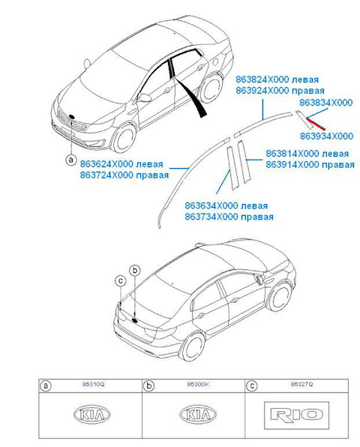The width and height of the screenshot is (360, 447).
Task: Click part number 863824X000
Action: pyautogui.click(x=262, y=79)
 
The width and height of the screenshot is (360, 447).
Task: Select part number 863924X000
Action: pyautogui.click(x=262, y=91)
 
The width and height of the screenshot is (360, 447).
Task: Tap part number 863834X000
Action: pyautogui.click(x=325, y=103)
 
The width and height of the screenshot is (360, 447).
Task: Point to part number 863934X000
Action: pyautogui.click(x=326, y=136)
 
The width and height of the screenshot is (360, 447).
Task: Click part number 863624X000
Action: pyautogui.click(x=106, y=164)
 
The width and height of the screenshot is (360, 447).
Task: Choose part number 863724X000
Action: pyautogui.click(x=106, y=175)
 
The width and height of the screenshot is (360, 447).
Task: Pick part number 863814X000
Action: pyautogui.click(x=292, y=154)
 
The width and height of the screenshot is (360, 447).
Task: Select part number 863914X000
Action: pyautogui.click(x=292, y=165)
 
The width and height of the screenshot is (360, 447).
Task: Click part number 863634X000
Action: pyautogui.click(x=211, y=205)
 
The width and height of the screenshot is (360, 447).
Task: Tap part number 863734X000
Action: pyautogui.click(x=211, y=217)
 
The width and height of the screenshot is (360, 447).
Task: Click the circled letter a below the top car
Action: pyautogui.click(x=71, y=160)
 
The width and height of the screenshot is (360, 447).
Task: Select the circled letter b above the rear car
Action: pyautogui.click(x=135, y=270)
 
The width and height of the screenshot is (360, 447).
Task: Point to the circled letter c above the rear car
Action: pyautogui.click(x=121, y=280)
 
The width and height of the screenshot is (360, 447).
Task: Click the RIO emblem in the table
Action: pyautogui.click(x=296, y=415)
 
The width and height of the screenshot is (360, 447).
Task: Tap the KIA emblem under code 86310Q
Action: pyautogui.click(x=91, y=414)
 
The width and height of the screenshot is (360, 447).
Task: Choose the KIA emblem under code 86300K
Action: pyautogui.click(x=198, y=414)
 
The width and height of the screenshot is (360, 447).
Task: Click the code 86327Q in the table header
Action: pyautogui.click(x=301, y=384)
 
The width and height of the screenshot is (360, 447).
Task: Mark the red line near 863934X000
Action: pyautogui.click(x=316, y=124)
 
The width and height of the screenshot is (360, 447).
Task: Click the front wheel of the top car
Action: pyautogui.click(x=124, y=138)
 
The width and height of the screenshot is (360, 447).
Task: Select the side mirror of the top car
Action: pyautogui.click(x=145, y=97)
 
